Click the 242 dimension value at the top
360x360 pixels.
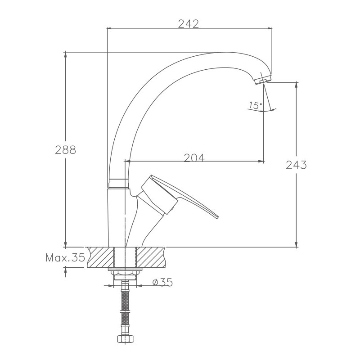click(188, 24)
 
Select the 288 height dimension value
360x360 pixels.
click(65, 150)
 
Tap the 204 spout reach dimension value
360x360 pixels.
click(194, 158)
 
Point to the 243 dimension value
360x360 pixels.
click(296, 165)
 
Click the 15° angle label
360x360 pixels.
click(255, 105)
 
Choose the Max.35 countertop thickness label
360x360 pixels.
click(65, 257)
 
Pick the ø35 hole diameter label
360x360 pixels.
click(162, 282)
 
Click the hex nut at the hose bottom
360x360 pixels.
click(125, 339)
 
